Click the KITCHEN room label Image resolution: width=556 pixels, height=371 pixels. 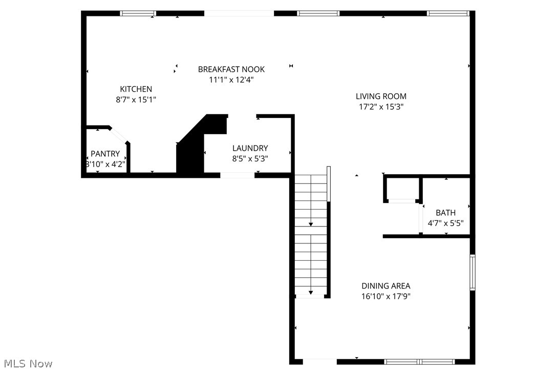pos(136,89)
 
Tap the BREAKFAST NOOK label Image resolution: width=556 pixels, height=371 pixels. pos(231,69)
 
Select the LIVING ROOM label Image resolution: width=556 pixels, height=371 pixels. pos(381,96)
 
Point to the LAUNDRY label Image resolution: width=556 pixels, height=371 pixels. pos(250,148)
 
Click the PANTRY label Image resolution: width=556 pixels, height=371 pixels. pos(105,154)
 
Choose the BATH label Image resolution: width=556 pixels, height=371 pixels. pos(445,213)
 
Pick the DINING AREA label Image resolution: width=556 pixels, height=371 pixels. pos(386,286)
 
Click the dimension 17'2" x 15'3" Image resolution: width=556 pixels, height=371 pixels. pos(381,107)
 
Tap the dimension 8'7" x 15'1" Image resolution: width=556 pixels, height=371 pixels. pos(136,100)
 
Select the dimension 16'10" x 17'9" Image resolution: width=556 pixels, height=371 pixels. pos(386,296)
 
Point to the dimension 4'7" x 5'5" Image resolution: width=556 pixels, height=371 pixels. pos(445,223)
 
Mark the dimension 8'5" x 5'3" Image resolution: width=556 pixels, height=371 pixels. pos(250,159)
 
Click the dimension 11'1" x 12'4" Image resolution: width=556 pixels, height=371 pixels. pos(231,80)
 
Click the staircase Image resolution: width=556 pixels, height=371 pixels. pos(311,236)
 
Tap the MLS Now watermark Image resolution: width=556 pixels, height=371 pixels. pos(27,364)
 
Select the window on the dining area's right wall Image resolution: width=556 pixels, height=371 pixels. pos(473,273)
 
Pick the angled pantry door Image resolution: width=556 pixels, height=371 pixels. pos(119,135)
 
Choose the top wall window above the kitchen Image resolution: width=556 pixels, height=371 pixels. pos(138,13)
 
